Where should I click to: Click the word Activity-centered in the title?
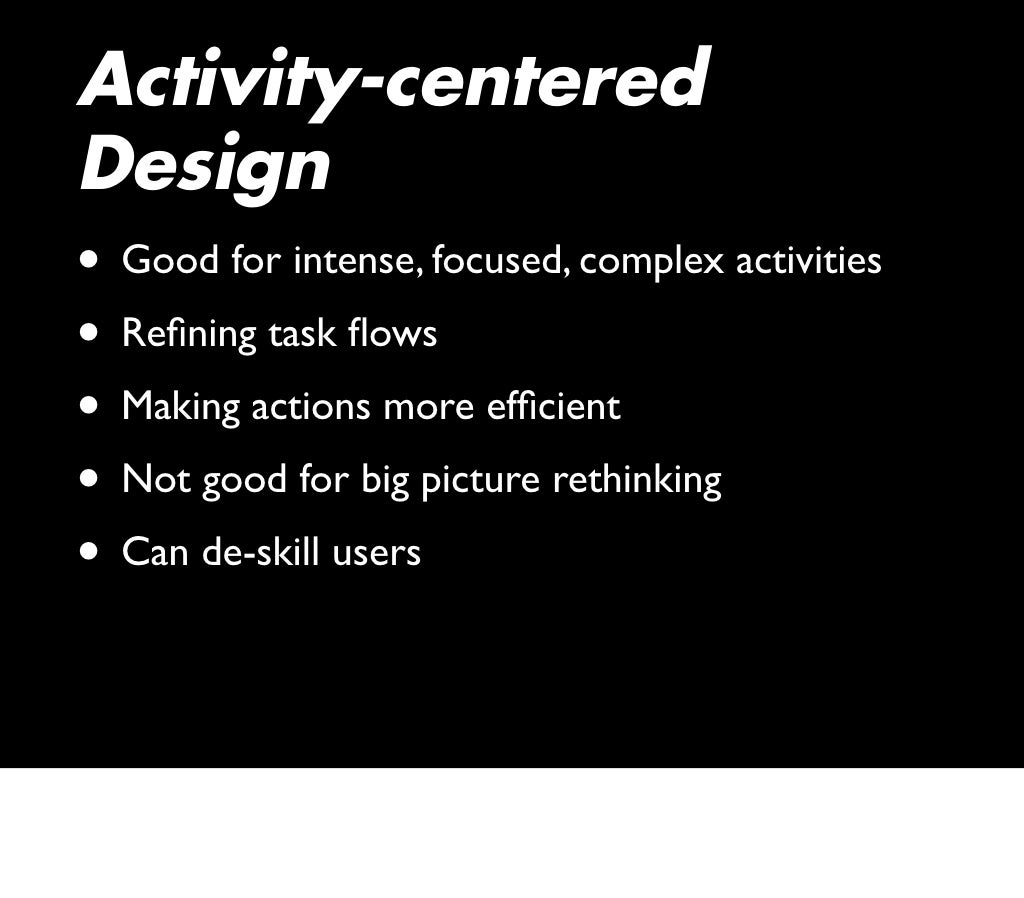(393, 80)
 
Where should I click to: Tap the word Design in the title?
(204, 165)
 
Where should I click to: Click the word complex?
(652, 262)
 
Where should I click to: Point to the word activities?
(808, 261)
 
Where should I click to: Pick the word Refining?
(189, 334)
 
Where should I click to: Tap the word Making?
(181, 407)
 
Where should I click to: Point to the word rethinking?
(637, 481)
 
